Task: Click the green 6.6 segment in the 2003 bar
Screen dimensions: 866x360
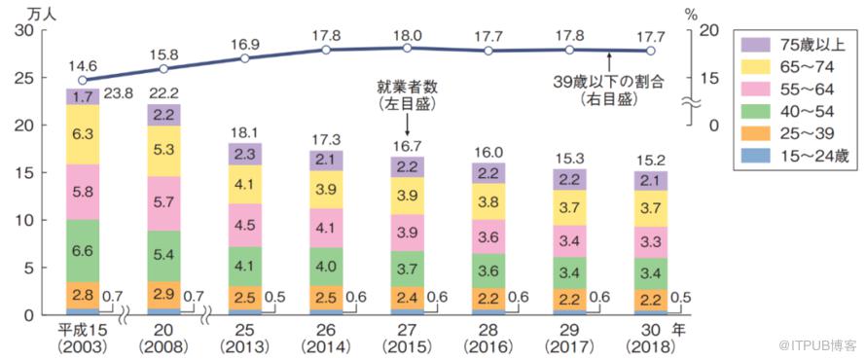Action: click(83, 251)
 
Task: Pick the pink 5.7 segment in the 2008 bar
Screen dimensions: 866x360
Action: click(163, 203)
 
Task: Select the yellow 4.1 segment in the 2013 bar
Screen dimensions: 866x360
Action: click(244, 185)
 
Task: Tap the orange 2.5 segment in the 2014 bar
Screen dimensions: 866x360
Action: click(326, 297)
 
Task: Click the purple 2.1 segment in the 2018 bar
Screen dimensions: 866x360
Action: click(651, 181)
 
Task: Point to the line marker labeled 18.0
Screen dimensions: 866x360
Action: click(407, 48)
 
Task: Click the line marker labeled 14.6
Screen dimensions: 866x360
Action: click(83, 80)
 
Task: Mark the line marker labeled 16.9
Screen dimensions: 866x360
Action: click(244, 58)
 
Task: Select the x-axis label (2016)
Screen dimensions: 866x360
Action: click(488, 348)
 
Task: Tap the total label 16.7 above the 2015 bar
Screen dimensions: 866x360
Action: click(407, 147)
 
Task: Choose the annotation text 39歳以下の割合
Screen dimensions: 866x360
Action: click(608, 83)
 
